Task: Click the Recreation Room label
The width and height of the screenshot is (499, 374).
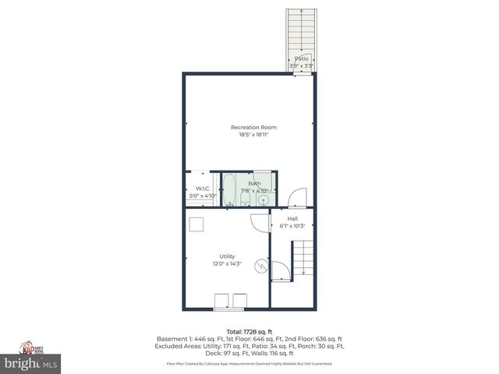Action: [253, 127]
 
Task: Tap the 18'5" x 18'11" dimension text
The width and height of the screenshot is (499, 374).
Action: [253, 135]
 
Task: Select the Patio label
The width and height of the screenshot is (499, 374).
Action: [301, 58]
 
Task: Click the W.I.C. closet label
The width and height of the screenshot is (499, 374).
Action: [202, 188]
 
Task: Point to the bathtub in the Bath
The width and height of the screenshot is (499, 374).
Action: [229, 189]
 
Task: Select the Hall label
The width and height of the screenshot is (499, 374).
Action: [292, 219]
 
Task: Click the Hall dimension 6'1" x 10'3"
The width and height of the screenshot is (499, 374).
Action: [292, 227]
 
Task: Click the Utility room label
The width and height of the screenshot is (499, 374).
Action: [227, 256]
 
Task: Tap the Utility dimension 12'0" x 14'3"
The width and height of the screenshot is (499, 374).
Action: [227, 264]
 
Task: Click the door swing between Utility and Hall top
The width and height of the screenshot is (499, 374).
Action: [257, 221]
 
